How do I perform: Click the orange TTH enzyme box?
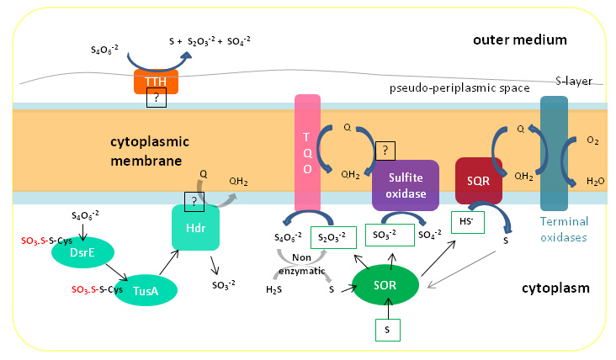pos(156,82)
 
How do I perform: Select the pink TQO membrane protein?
pos(308,153)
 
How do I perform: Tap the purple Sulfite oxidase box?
pos(406,185)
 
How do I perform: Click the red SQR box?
pos(479,181)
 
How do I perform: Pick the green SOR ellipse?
pos(385,285)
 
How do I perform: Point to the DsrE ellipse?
pos(83,252)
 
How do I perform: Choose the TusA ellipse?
pos(146,290)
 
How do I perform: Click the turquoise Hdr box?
pos(195,228)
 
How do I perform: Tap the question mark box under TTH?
pos(157,98)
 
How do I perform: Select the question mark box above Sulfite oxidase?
pos(385,151)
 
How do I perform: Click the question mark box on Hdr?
pos(194,202)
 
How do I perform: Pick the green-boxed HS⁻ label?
pos(468,222)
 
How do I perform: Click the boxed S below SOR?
pos(388,330)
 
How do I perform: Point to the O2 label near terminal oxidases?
pos(592,140)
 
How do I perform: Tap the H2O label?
pos(595,181)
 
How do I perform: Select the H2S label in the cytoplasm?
pos(273,289)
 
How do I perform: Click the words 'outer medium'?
pos(520,40)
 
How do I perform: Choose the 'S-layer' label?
pos(574,81)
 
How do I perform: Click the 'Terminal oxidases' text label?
pos(564,230)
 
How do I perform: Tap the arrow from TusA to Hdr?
pos(169,262)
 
